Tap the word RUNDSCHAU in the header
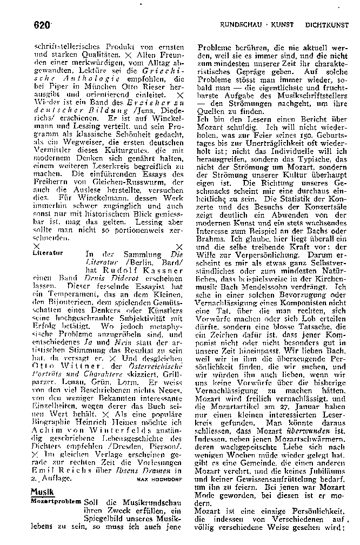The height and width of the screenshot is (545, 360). pyautogui.click(x=241, y=25)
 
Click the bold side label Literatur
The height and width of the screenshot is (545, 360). pyautogui.click(x=48, y=252)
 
